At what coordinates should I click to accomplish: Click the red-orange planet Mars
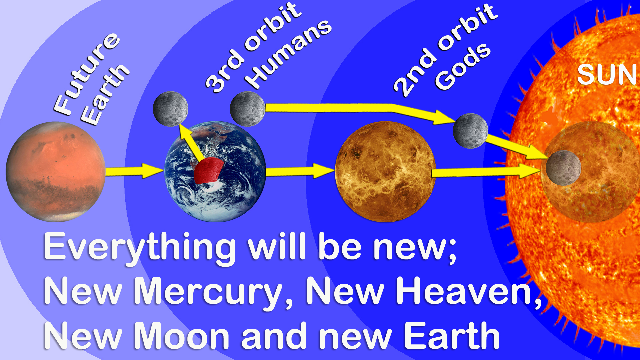click(x=56, y=172)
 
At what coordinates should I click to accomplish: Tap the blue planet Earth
click(x=215, y=172)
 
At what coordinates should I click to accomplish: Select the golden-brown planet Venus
click(x=385, y=172)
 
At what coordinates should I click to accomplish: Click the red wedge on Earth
click(x=208, y=170)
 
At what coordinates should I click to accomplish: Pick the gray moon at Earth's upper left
click(x=171, y=109)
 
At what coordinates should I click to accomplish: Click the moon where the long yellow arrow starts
click(x=248, y=109)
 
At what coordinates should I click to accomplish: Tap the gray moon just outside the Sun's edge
click(x=471, y=131)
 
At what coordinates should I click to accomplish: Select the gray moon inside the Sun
click(x=563, y=168)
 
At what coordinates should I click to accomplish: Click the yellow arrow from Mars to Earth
click(x=134, y=171)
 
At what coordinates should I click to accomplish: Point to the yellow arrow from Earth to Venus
click(x=300, y=171)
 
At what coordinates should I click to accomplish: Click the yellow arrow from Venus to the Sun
click(x=487, y=171)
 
